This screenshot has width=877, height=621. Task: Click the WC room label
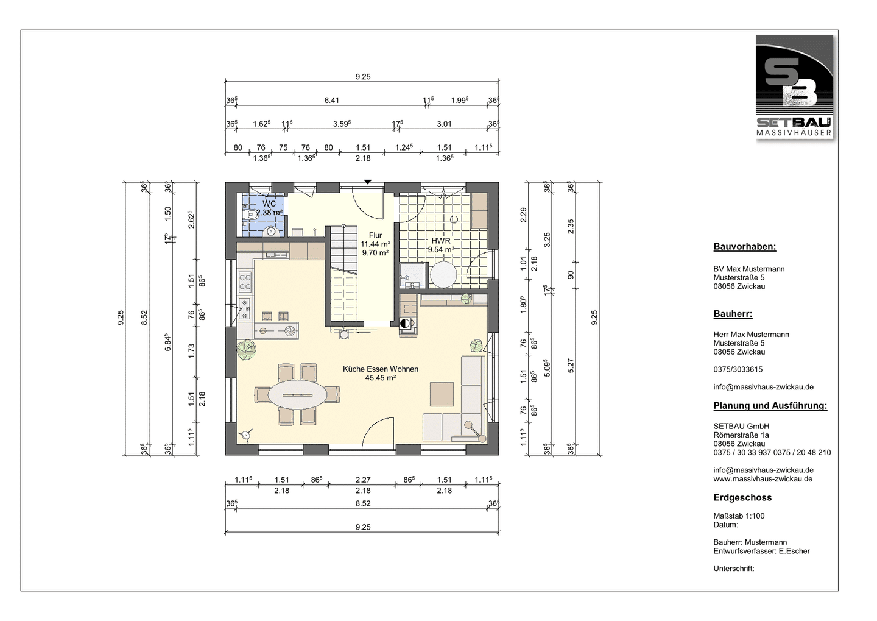pyautogui.click(x=269, y=204)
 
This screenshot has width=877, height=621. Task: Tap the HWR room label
pyautogui.click(x=441, y=241)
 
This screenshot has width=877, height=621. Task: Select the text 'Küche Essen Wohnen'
pyautogui.click(x=381, y=369)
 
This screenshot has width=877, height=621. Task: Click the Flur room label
pyautogui.click(x=375, y=235)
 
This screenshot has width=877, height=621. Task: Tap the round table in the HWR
pyautogui.click(x=443, y=274)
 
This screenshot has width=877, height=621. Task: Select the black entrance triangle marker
pyautogui.click(x=367, y=182)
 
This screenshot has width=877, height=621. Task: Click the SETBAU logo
pyautogui.click(x=794, y=87)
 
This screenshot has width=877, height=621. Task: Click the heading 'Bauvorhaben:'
pyautogui.click(x=745, y=246)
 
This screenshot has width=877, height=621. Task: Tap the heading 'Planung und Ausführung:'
pyautogui.click(x=770, y=405)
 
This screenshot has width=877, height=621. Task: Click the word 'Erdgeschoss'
pyautogui.click(x=742, y=497)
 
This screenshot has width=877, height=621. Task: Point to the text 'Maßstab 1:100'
pyautogui.click(x=739, y=516)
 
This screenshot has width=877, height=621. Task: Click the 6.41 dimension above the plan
pyautogui.click(x=331, y=101)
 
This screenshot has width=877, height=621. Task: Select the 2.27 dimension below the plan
pyautogui.click(x=363, y=480)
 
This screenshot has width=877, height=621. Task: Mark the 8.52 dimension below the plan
pyautogui.click(x=363, y=503)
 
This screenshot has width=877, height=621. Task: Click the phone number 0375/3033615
pyautogui.click(x=738, y=369)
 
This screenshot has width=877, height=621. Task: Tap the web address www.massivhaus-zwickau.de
pyautogui.click(x=763, y=479)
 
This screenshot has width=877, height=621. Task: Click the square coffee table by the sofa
pyautogui.click(x=442, y=394)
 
